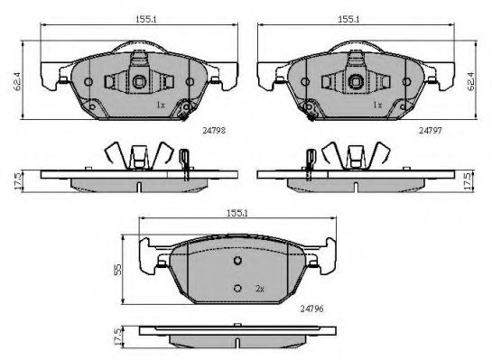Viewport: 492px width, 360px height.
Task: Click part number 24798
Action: click(x=214, y=131)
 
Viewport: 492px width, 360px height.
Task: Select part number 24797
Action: click(x=431, y=131)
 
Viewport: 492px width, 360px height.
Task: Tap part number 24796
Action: click(x=311, y=309)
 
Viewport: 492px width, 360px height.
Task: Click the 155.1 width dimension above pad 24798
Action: click(x=145, y=20)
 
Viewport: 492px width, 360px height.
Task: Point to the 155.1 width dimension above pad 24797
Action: click(x=348, y=20)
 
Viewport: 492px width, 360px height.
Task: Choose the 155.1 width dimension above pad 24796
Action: click(x=237, y=213)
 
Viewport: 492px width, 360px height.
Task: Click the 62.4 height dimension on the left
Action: click(x=17, y=81)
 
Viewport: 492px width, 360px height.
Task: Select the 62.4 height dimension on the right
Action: click(x=471, y=81)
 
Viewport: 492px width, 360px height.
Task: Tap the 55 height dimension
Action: click(x=117, y=270)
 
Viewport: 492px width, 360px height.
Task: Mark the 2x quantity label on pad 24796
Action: click(x=259, y=289)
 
